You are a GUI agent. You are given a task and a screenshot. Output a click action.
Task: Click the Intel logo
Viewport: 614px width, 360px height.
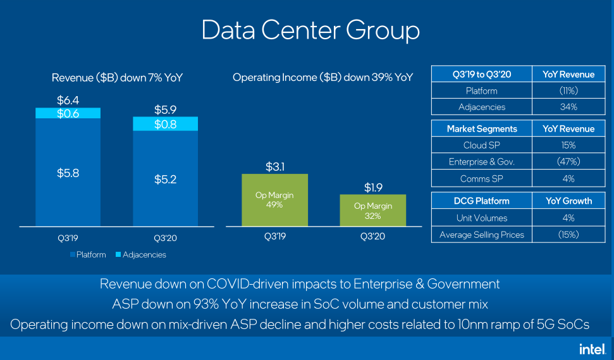[x=593, y=349]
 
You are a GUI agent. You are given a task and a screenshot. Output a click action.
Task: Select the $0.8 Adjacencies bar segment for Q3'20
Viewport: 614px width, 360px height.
[x=165, y=124]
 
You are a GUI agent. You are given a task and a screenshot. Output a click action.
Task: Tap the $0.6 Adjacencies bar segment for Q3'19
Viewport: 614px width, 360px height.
[x=68, y=113]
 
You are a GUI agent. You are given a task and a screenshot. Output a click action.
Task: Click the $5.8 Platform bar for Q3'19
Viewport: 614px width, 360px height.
[x=68, y=172]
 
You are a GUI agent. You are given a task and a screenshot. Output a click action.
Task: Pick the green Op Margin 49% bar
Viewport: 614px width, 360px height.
[x=274, y=200]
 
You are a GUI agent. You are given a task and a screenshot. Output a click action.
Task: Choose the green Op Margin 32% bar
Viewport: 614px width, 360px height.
[x=373, y=210]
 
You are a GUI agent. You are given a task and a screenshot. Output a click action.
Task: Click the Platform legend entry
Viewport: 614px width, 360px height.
[x=88, y=254]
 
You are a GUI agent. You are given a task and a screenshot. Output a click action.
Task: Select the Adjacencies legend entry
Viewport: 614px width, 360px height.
[x=141, y=254]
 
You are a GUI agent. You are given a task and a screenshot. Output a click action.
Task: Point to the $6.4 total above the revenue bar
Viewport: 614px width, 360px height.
[x=68, y=101]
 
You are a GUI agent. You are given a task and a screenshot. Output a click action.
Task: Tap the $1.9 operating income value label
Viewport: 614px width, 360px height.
[x=373, y=188]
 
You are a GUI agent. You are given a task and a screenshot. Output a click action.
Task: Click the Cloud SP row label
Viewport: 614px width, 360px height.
[x=482, y=146]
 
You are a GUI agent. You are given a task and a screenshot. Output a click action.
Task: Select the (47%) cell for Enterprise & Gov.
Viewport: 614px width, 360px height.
[x=568, y=161]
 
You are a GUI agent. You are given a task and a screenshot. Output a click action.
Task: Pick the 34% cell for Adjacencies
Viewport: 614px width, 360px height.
[x=568, y=106]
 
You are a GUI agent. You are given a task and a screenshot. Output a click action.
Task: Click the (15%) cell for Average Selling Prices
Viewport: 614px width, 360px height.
[x=568, y=235]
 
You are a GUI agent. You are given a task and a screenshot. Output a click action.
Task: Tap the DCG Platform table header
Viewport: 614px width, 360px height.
[x=482, y=201]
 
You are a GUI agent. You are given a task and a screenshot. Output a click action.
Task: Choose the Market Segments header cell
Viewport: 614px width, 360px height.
[x=482, y=129]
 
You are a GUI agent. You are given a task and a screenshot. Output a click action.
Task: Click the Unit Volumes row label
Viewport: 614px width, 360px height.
[x=482, y=218]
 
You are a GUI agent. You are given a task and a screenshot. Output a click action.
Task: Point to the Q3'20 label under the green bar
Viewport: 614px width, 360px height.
[x=372, y=236]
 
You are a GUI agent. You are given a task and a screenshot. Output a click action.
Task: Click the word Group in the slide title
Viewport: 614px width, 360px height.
[x=383, y=30]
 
